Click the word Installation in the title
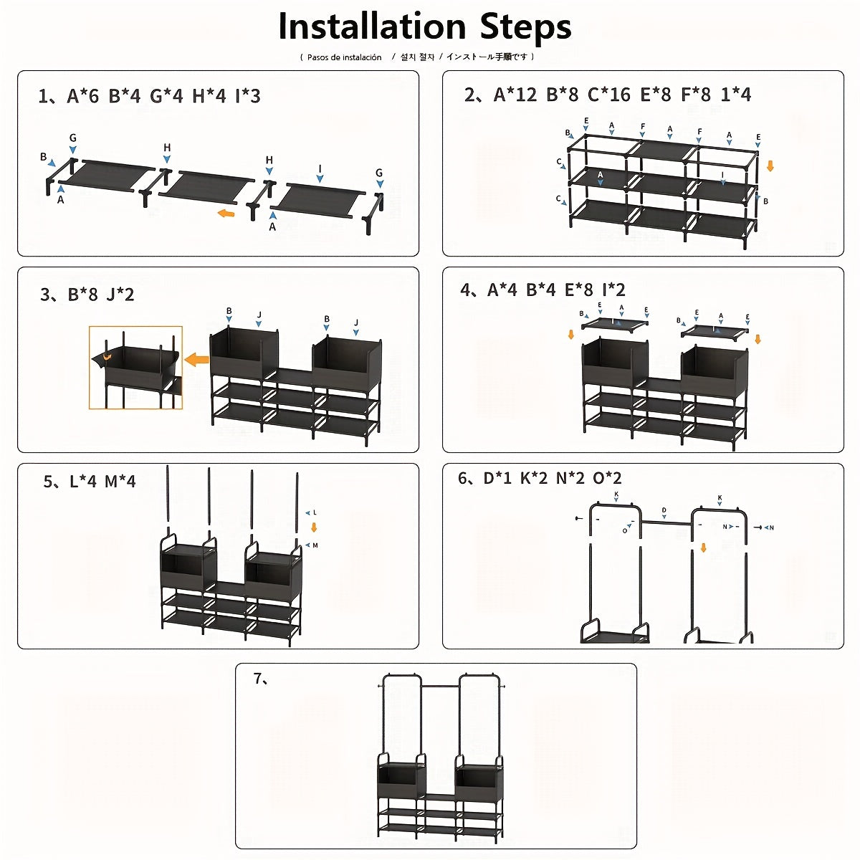(x=373, y=27)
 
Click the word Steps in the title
(x=525, y=27)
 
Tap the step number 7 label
(x=261, y=679)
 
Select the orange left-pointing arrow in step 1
(x=226, y=213)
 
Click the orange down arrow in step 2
(x=770, y=166)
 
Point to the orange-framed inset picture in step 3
(x=135, y=368)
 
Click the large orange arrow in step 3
(x=196, y=359)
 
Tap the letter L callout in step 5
(x=315, y=513)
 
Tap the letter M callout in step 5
(x=315, y=545)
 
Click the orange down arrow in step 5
(x=313, y=529)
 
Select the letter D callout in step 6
(x=664, y=511)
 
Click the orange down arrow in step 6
(x=703, y=548)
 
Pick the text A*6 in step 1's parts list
(x=82, y=96)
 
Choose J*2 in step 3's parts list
(x=120, y=295)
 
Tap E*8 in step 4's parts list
(x=579, y=290)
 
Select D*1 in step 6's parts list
(x=497, y=479)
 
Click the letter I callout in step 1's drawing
(x=320, y=169)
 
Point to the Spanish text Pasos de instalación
(x=344, y=57)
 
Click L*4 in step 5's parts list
(x=82, y=482)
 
